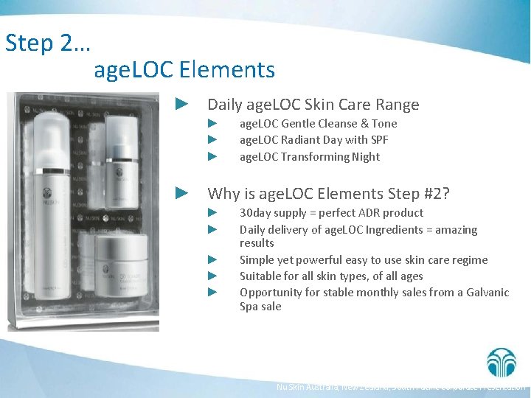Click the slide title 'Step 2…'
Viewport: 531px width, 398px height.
[48, 43]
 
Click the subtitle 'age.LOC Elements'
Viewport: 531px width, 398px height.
[184, 70]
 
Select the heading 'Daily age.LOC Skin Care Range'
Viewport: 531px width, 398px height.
[313, 105]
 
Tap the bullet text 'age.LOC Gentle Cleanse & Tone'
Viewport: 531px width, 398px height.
[318, 124]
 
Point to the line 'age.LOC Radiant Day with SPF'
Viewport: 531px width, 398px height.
[313, 140]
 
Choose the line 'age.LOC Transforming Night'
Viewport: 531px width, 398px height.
[310, 156]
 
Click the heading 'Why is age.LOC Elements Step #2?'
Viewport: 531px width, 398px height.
[328, 193]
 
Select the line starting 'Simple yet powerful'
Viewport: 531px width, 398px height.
[363, 259]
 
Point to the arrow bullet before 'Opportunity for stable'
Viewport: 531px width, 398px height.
[212, 292]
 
